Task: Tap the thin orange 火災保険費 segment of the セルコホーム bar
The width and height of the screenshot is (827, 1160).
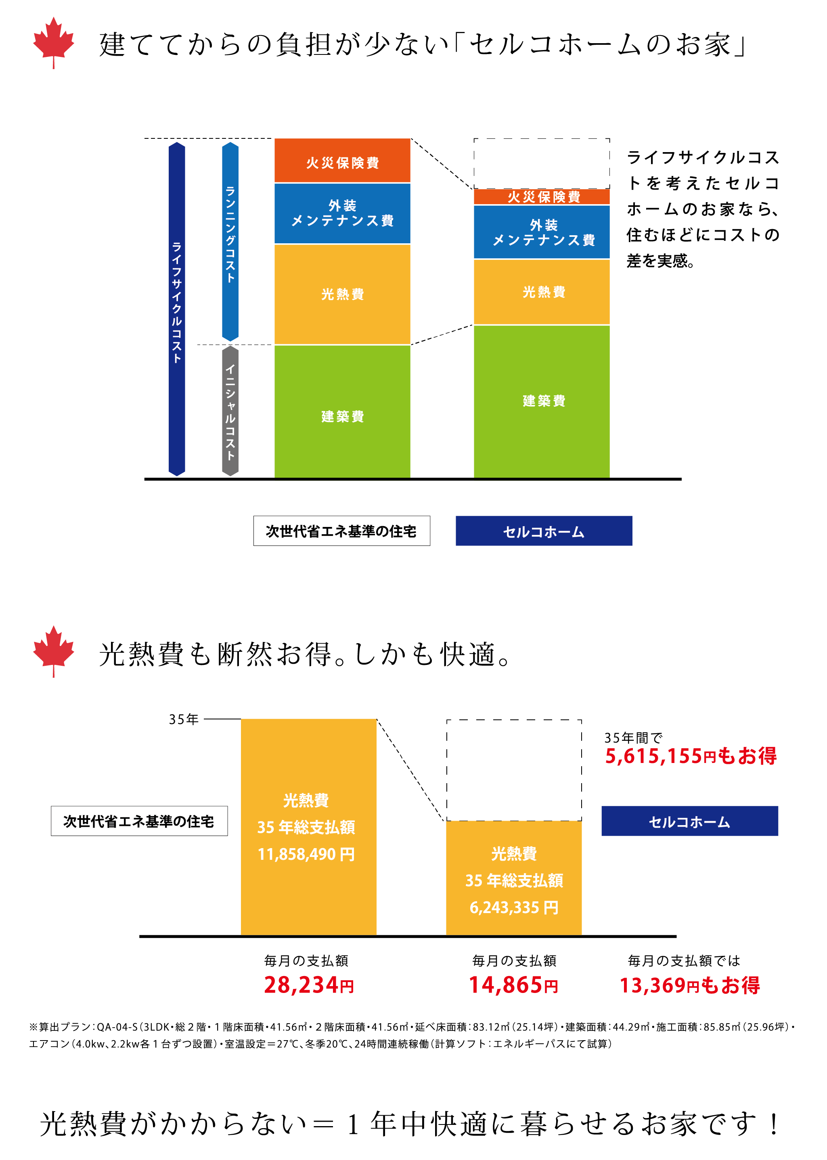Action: point(541,197)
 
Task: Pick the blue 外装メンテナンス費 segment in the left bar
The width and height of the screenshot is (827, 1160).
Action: point(342,213)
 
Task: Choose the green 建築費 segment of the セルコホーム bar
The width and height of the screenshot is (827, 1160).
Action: point(541,401)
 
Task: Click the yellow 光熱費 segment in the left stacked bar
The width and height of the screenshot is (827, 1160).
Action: point(342,294)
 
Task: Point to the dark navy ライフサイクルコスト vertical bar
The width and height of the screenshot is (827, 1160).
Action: point(177,309)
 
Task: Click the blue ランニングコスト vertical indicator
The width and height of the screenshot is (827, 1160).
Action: point(230,241)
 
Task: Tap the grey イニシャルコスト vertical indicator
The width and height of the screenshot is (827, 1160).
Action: point(230,411)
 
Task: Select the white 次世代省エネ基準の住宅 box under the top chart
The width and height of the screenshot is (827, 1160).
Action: point(342,531)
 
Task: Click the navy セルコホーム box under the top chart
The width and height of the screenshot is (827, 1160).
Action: point(543,531)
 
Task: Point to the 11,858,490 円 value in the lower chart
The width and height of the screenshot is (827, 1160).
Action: point(306,854)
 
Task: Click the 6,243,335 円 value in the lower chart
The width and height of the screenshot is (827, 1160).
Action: point(514,907)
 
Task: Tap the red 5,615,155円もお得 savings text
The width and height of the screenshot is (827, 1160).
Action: point(690,756)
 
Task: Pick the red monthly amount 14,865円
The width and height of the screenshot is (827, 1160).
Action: point(513,985)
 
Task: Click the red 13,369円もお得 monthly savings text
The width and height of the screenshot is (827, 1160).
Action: point(689,985)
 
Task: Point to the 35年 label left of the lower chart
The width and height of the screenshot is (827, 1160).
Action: point(183,719)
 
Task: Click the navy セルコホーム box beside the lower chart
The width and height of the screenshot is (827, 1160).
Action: point(689,821)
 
